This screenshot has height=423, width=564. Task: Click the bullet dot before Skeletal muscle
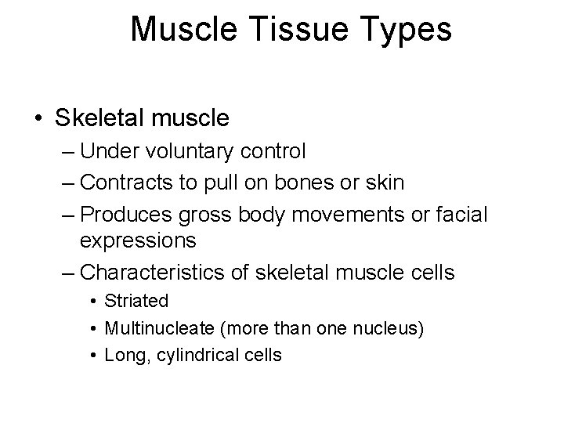tap(38, 119)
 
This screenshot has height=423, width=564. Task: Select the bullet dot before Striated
tap(92, 302)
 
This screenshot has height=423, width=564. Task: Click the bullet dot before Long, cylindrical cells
tap(92, 355)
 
